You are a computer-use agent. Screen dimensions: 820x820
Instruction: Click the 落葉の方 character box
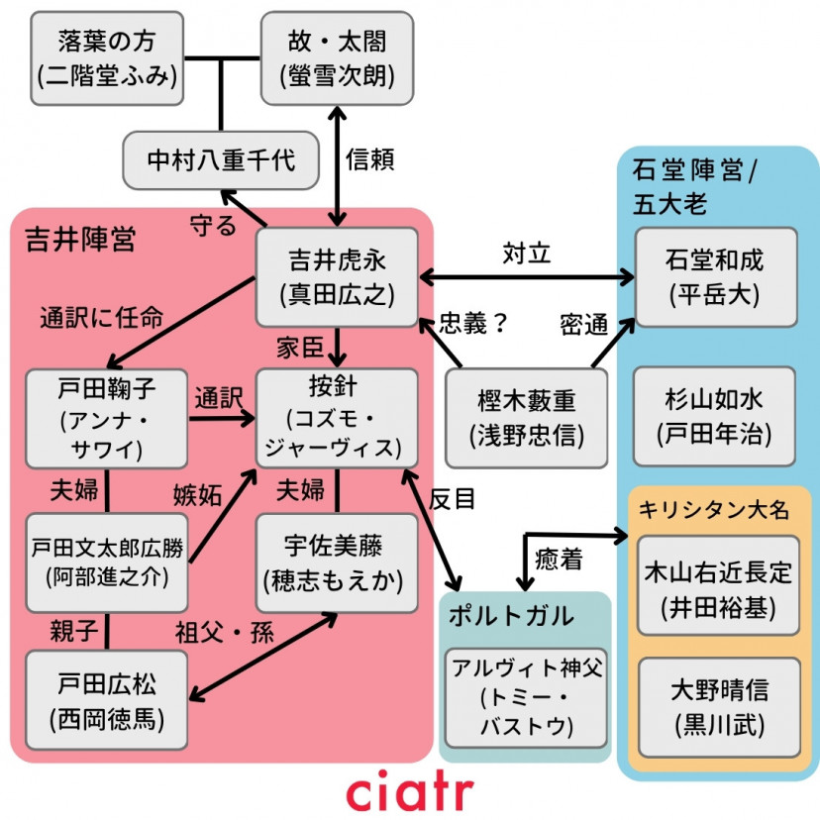pyautogui.click(x=107, y=58)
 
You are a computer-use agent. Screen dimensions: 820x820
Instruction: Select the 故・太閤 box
pyautogui.click(x=337, y=58)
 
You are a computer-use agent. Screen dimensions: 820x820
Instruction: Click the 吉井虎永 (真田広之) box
pyautogui.click(x=337, y=277)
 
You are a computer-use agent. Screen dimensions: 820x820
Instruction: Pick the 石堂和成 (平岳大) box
pyautogui.click(x=716, y=277)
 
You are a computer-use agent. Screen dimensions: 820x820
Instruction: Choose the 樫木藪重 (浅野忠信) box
pyautogui.click(x=525, y=417)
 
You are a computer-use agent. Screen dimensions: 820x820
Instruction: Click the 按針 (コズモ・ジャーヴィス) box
pyautogui.click(x=337, y=417)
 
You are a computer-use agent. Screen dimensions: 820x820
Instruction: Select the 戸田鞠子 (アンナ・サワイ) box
pyautogui.click(x=107, y=417)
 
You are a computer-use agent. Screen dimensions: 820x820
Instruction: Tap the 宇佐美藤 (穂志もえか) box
pyautogui.click(x=337, y=562)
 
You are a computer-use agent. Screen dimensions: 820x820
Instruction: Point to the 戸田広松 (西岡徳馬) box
pyautogui.click(x=107, y=701)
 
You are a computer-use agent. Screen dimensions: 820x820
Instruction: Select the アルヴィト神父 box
pyautogui.click(x=525, y=696)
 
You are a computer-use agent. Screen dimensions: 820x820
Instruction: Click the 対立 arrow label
pyautogui.click(x=526, y=254)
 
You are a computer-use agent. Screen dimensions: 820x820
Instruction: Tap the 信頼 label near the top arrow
pyautogui.click(x=370, y=160)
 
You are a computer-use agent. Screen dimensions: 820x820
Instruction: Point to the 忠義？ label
pyautogui.click(x=473, y=324)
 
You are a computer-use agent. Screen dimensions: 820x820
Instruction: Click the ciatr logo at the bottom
pyautogui.click(x=410, y=792)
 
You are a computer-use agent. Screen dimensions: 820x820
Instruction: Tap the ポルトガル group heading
pyautogui.click(x=511, y=615)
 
